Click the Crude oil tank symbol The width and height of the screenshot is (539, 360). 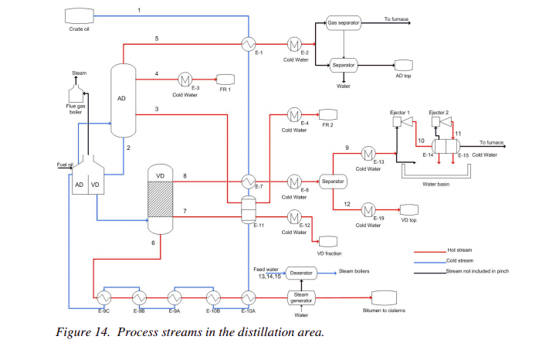click(x=75, y=15)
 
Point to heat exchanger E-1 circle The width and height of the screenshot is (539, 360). click(x=249, y=42)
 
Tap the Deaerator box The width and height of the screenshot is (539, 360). click(x=300, y=273)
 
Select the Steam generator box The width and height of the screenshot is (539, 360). click(x=300, y=297)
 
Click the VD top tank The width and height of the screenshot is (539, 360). click(x=408, y=210)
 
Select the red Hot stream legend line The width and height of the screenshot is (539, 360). click(x=429, y=251)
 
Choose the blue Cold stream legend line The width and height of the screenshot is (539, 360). click(x=429, y=262)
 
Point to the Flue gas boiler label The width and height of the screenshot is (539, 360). click(x=75, y=109)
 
